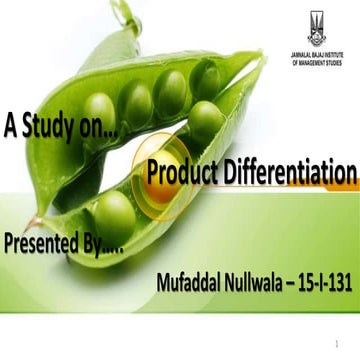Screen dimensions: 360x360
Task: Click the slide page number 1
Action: [342, 341]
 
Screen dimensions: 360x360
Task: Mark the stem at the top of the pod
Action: [123, 15]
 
